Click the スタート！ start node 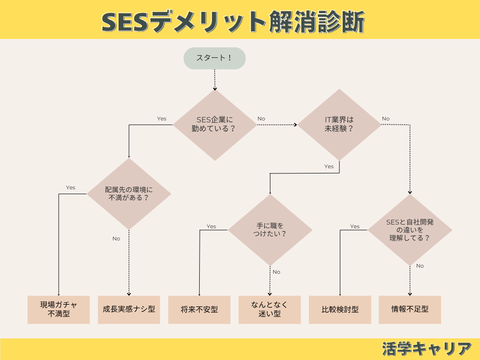(215, 58)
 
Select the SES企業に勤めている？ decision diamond (215, 125)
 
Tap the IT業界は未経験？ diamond (339, 125)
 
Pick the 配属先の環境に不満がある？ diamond (129, 194)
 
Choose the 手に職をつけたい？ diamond (270, 230)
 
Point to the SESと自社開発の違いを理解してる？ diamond (410, 230)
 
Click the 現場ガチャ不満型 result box (59, 309)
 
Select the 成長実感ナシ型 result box (129, 309)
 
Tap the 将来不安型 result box (199, 309)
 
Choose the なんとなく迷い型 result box (270, 309)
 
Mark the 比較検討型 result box (340, 309)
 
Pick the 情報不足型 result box (410, 309)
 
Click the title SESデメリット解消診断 (233, 22)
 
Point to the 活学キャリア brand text (427, 349)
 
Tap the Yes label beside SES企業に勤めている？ (162, 119)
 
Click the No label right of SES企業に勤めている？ (261, 119)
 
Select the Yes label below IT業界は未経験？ (329, 166)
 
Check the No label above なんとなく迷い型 (277, 272)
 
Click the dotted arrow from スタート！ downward (215, 80)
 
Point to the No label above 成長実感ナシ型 (116, 239)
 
